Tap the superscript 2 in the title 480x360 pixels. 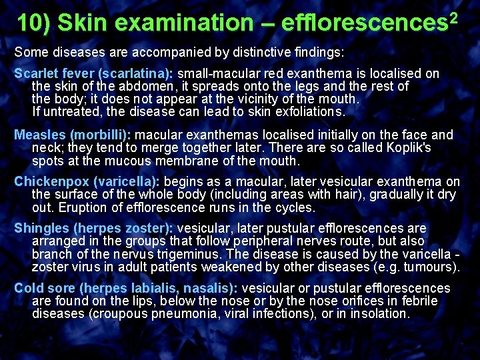(x=455, y=15)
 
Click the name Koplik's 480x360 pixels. (x=407, y=148)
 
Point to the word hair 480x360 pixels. (x=345, y=195)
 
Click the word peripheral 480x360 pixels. (x=235, y=241)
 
